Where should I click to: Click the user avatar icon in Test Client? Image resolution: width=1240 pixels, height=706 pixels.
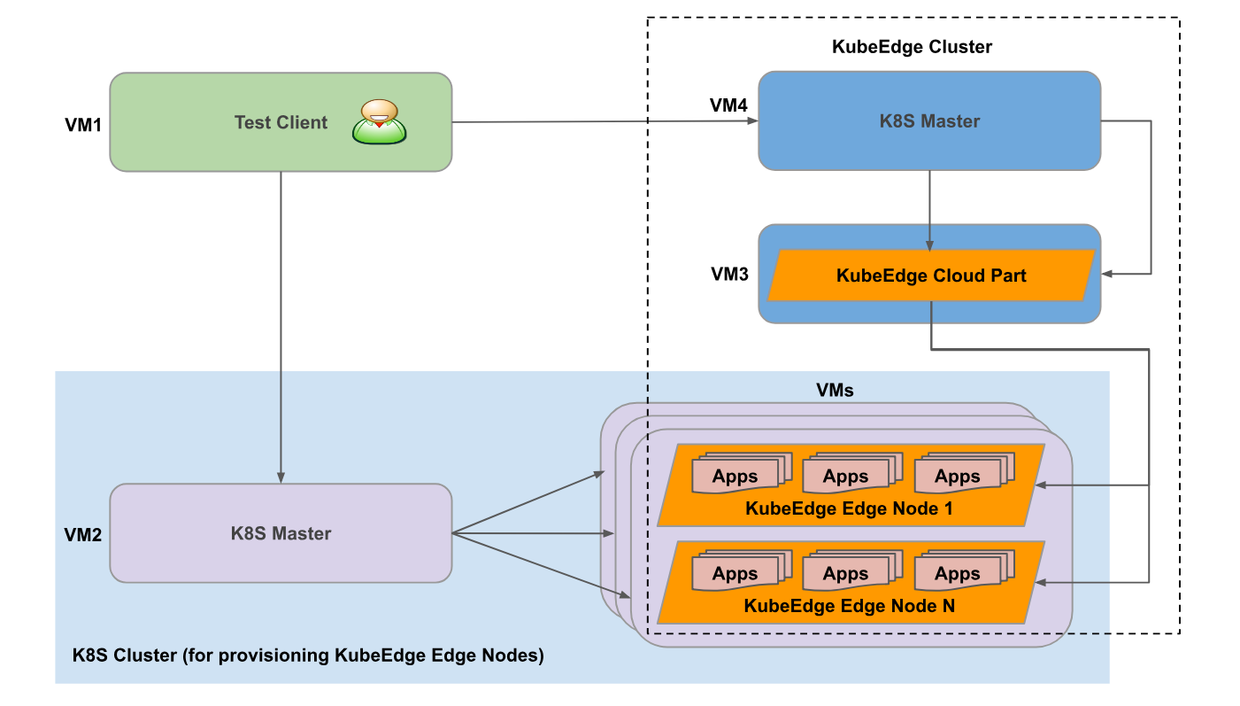tap(379, 122)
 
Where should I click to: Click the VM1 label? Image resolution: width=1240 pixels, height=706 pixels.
tap(83, 125)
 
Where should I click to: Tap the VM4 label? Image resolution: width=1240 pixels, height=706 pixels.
tap(728, 105)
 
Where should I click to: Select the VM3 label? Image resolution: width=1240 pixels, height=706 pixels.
tap(729, 275)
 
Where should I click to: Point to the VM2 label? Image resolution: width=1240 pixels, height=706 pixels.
tap(83, 535)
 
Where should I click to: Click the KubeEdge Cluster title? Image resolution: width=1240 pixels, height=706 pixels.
tap(912, 47)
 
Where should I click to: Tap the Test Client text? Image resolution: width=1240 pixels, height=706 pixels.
tap(281, 122)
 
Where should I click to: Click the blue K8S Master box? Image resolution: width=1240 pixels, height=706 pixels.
tap(929, 120)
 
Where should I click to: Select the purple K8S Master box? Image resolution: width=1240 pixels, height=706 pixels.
tap(281, 533)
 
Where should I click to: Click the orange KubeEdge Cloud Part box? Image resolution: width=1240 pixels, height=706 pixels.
tap(932, 275)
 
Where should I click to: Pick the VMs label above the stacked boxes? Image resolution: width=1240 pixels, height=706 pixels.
tap(835, 390)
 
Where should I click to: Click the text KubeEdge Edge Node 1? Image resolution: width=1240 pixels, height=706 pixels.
tap(849, 508)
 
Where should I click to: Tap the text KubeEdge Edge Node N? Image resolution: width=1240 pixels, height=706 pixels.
tap(849, 606)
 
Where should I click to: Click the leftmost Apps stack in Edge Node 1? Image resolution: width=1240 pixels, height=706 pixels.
tap(742, 473)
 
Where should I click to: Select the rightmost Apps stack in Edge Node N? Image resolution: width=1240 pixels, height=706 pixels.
tap(965, 570)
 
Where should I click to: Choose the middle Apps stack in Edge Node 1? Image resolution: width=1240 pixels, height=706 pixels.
tap(852, 473)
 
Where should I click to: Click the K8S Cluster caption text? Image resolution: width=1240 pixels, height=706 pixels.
tap(308, 656)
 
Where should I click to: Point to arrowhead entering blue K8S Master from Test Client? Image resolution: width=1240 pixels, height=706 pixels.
tap(753, 120)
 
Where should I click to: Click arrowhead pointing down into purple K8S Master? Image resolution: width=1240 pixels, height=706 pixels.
tap(281, 478)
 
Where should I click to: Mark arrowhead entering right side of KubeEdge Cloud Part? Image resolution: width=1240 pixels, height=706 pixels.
tap(1107, 274)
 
